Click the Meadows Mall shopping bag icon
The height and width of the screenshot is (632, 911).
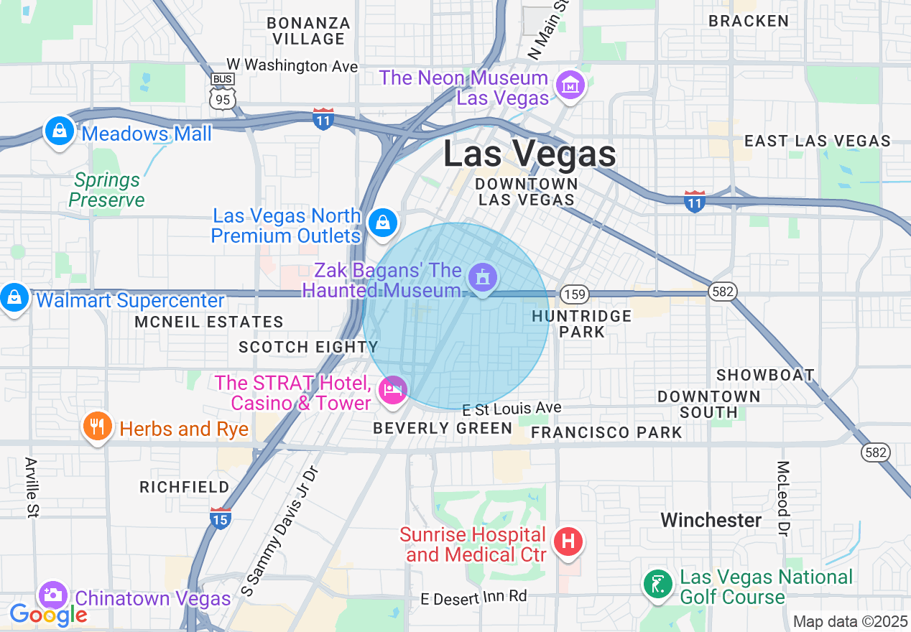[60, 131]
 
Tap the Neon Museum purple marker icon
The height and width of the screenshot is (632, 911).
[570, 86]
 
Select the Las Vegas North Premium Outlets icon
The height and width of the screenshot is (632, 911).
[384, 223]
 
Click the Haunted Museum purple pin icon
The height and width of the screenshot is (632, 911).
[482, 277]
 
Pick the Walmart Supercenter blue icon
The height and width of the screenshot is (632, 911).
[14, 297]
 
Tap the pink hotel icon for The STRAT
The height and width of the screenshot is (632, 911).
[392, 390]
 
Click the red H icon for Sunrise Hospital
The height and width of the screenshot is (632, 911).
[568, 540]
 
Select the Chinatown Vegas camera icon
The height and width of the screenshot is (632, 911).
[52, 595]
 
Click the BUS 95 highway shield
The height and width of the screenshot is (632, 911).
[223, 92]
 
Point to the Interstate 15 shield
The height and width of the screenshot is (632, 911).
[220, 518]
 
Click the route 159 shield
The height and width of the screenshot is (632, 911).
[575, 294]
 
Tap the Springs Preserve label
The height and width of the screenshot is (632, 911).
[106, 190]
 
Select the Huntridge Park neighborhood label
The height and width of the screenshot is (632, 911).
[582, 324]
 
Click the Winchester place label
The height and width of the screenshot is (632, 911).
[711, 520]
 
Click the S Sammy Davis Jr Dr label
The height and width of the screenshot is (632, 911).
[279, 531]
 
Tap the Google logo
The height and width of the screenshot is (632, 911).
[47, 615]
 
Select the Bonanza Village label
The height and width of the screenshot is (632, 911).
[309, 31]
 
